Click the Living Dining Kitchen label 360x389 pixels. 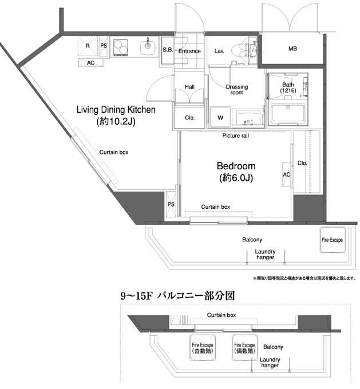click(116, 110)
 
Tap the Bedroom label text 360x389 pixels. click(235, 166)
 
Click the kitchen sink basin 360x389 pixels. click(148, 46)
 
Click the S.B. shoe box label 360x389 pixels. click(168, 50)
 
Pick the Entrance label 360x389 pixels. click(189, 51)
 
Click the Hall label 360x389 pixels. click(189, 87)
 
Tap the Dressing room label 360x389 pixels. click(236, 90)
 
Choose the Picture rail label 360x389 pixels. click(235, 136)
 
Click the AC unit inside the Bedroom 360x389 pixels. click(287, 174)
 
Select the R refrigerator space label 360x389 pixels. click(88, 45)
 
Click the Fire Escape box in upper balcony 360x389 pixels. click(332, 240)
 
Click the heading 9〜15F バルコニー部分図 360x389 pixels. click(177, 296)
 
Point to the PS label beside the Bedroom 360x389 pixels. click(171, 204)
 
